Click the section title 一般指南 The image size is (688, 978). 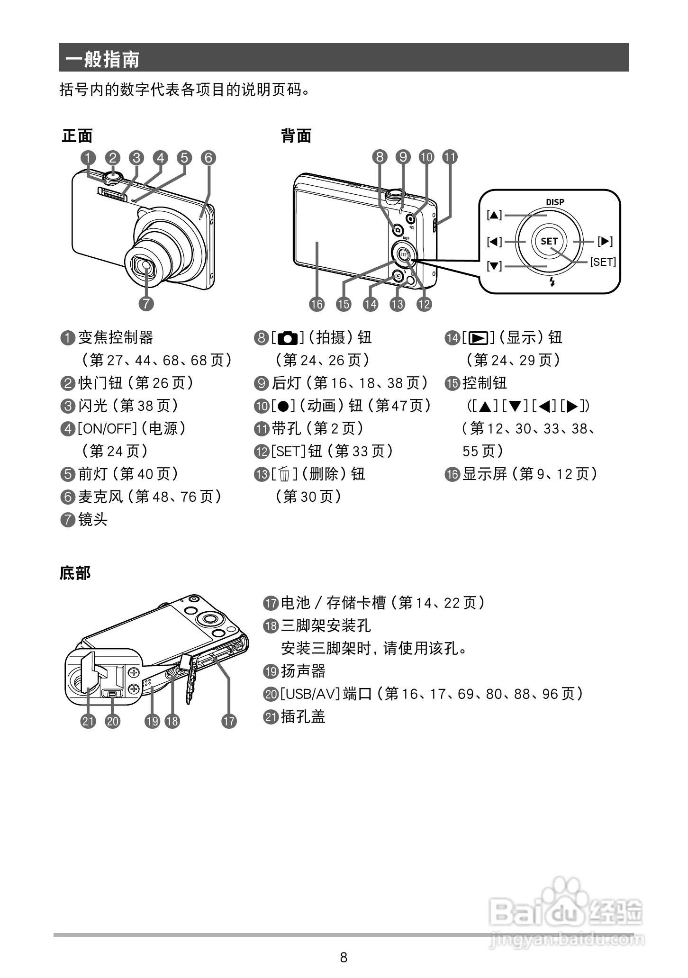(x=103, y=59)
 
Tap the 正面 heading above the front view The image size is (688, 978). (x=77, y=136)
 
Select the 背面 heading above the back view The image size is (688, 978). (x=296, y=136)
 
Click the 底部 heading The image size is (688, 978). (x=75, y=573)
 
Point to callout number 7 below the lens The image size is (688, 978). (x=146, y=303)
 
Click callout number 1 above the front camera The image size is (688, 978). (x=88, y=158)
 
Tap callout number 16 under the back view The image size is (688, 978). (x=317, y=304)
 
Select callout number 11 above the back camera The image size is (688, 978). (x=450, y=157)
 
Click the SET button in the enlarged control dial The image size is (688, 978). (x=549, y=241)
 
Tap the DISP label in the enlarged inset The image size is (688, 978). (x=555, y=202)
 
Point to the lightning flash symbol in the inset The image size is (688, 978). (x=552, y=282)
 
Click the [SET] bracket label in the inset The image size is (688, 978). (x=603, y=262)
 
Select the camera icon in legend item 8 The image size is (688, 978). (x=288, y=338)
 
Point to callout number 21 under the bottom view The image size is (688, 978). (x=89, y=721)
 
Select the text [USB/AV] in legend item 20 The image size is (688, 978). (x=310, y=694)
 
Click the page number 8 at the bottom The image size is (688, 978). (x=344, y=957)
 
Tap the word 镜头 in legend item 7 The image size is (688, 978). (x=93, y=520)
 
